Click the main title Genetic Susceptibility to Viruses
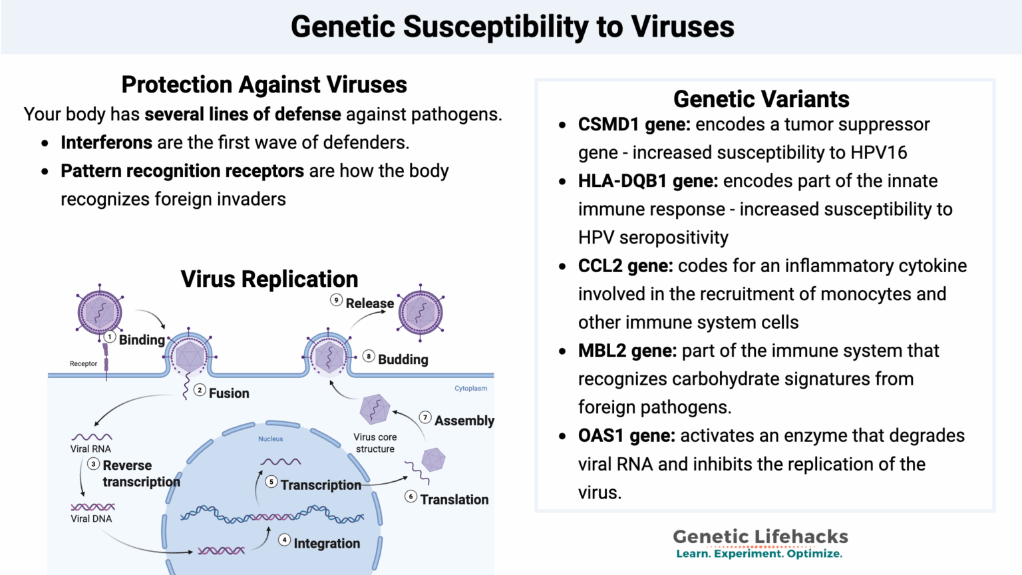coord(512,27)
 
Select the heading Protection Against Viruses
coord(264,85)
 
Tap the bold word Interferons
coord(106,142)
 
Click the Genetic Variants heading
coord(761,99)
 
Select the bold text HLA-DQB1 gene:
coord(647,181)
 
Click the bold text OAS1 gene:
coord(626,436)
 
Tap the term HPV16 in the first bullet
coord(878,153)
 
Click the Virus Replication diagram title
coord(269,279)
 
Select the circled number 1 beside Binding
coord(110,337)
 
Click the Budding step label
coord(403,359)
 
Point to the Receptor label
coord(83,363)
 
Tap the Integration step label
coord(327,544)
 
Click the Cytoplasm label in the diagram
coord(470,388)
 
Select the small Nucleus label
coord(271,439)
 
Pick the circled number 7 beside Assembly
coord(425,417)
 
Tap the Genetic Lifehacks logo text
coord(760,536)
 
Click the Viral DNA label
coord(91,518)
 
